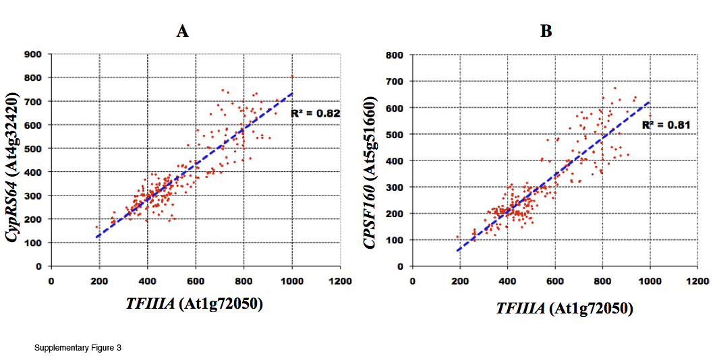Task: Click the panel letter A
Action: (x=182, y=31)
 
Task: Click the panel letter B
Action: (x=546, y=31)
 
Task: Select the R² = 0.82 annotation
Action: (x=315, y=114)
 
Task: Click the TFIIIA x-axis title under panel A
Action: (x=194, y=303)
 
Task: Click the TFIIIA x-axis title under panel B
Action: (x=564, y=308)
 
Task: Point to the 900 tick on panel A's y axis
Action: (x=33, y=54)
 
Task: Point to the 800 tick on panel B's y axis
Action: (x=393, y=55)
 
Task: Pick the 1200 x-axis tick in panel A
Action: (x=339, y=280)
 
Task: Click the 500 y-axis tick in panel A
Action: (x=33, y=148)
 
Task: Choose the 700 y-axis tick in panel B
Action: (x=393, y=82)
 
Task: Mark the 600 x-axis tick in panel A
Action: (x=196, y=280)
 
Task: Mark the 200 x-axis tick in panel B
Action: (x=460, y=280)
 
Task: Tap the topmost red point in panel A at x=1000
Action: (x=292, y=77)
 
